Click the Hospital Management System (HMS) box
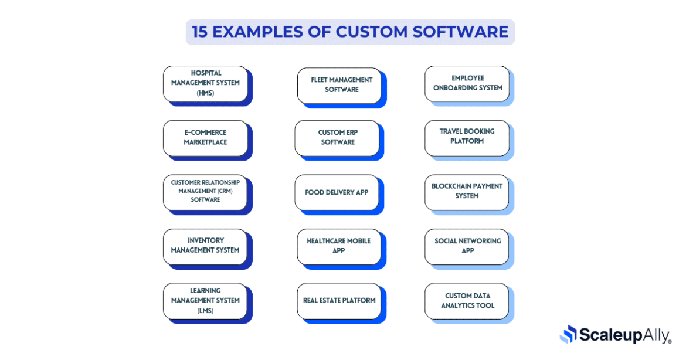[205, 83]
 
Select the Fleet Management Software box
[339, 85]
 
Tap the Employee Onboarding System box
[467, 83]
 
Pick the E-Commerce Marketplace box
[205, 138]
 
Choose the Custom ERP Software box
[337, 138]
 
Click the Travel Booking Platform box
[467, 137]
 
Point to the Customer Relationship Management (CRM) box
[205, 192]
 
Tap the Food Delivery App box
[337, 192]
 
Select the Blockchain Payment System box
[467, 192]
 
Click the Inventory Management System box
[205, 246]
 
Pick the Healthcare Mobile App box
[339, 246]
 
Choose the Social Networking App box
[467, 246]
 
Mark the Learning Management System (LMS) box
[205, 301]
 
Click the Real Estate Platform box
[339, 301]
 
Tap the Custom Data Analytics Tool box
[467, 301]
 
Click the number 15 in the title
[199, 32]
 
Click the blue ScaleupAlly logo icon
[568, 334]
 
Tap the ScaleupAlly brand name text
[625, 335]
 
